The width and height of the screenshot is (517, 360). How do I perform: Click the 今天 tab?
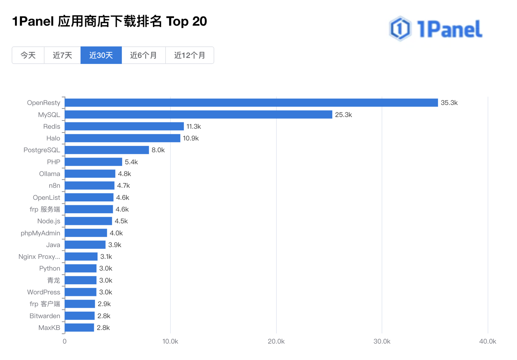tap(28, 55)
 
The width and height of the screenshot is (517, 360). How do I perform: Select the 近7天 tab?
tap(62, 55)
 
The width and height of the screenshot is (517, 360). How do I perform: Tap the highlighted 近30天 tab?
tap(101, 55)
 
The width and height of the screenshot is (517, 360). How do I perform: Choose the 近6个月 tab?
tap(143, 55)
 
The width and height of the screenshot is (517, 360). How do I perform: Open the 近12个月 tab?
tap(190, 55)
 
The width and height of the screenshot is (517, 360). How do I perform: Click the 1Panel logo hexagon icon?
tap(400, 28)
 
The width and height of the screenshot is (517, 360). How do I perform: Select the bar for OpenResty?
tap(251, 103)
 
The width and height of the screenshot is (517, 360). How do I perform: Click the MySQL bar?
tap(198, 115)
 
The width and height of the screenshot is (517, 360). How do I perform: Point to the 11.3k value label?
tap(194, 126)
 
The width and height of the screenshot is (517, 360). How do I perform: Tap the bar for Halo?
tap(122, 138)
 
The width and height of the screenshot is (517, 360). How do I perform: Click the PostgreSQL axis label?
tap(42, 150)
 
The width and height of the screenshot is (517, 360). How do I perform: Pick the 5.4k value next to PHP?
tap(131, 162)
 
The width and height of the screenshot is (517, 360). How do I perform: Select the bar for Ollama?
tap(90, 174)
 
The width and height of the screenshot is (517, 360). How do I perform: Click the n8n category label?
tap(54, 186)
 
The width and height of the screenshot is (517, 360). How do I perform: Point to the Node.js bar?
tap(88, 221)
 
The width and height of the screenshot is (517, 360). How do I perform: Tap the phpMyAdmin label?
tap(40, 233)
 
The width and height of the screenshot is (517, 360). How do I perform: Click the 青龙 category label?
tap(53, 280)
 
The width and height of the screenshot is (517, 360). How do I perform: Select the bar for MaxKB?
tap(79, 327)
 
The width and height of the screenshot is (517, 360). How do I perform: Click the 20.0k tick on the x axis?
tap(276, 341)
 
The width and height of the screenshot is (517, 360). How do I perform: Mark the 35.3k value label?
tap(449, 103)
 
